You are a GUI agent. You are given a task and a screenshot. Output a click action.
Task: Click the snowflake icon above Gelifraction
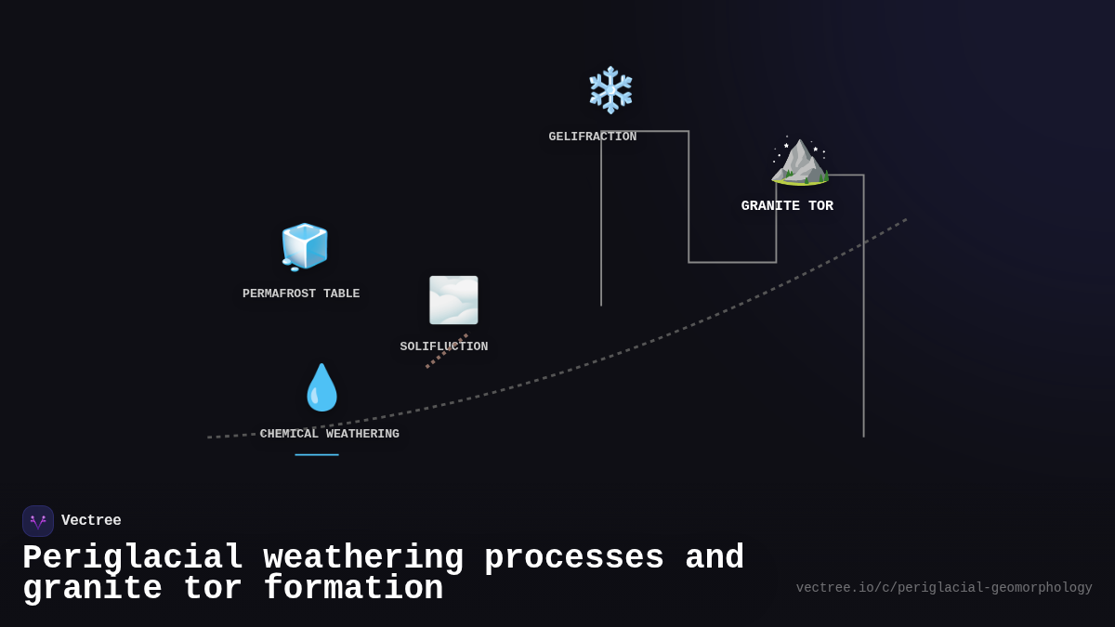pos(610,90)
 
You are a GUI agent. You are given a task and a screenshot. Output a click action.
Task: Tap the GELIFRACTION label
pos(593,137)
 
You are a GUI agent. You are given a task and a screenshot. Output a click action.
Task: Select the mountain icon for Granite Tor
pos(800,162)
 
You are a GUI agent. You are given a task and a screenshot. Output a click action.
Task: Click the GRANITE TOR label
pos(787,205)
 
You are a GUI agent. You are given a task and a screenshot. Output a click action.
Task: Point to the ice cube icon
pos(305,247)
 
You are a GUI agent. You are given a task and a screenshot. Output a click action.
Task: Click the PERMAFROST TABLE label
pos(301,294)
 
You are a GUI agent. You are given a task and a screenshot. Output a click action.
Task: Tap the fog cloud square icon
pos(453,300)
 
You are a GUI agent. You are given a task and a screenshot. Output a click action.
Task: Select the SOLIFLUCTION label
pos(444,346)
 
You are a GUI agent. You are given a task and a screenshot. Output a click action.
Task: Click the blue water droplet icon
pos(321,387)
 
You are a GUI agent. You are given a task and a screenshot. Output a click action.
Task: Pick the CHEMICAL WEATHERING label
pos(330,434)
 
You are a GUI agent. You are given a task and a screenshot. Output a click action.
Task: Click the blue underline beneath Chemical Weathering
pos(317,455)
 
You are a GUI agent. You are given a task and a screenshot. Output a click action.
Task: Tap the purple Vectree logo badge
pos(38,521)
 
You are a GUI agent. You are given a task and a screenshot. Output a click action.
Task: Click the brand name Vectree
pos(91,520)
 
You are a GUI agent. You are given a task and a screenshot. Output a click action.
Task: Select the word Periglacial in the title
pos(133,557)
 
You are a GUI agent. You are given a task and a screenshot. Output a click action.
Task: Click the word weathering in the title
pos(363,557)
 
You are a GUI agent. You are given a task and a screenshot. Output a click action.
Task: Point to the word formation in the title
pos(353,588)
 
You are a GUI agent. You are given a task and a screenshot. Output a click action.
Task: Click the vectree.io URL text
pos(944,588)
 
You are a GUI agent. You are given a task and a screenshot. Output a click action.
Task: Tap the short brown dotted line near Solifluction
pos(447,351)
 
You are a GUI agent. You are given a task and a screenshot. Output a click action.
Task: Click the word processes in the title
pos(574,558)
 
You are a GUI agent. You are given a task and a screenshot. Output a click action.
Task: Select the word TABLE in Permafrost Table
pos(342,294)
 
